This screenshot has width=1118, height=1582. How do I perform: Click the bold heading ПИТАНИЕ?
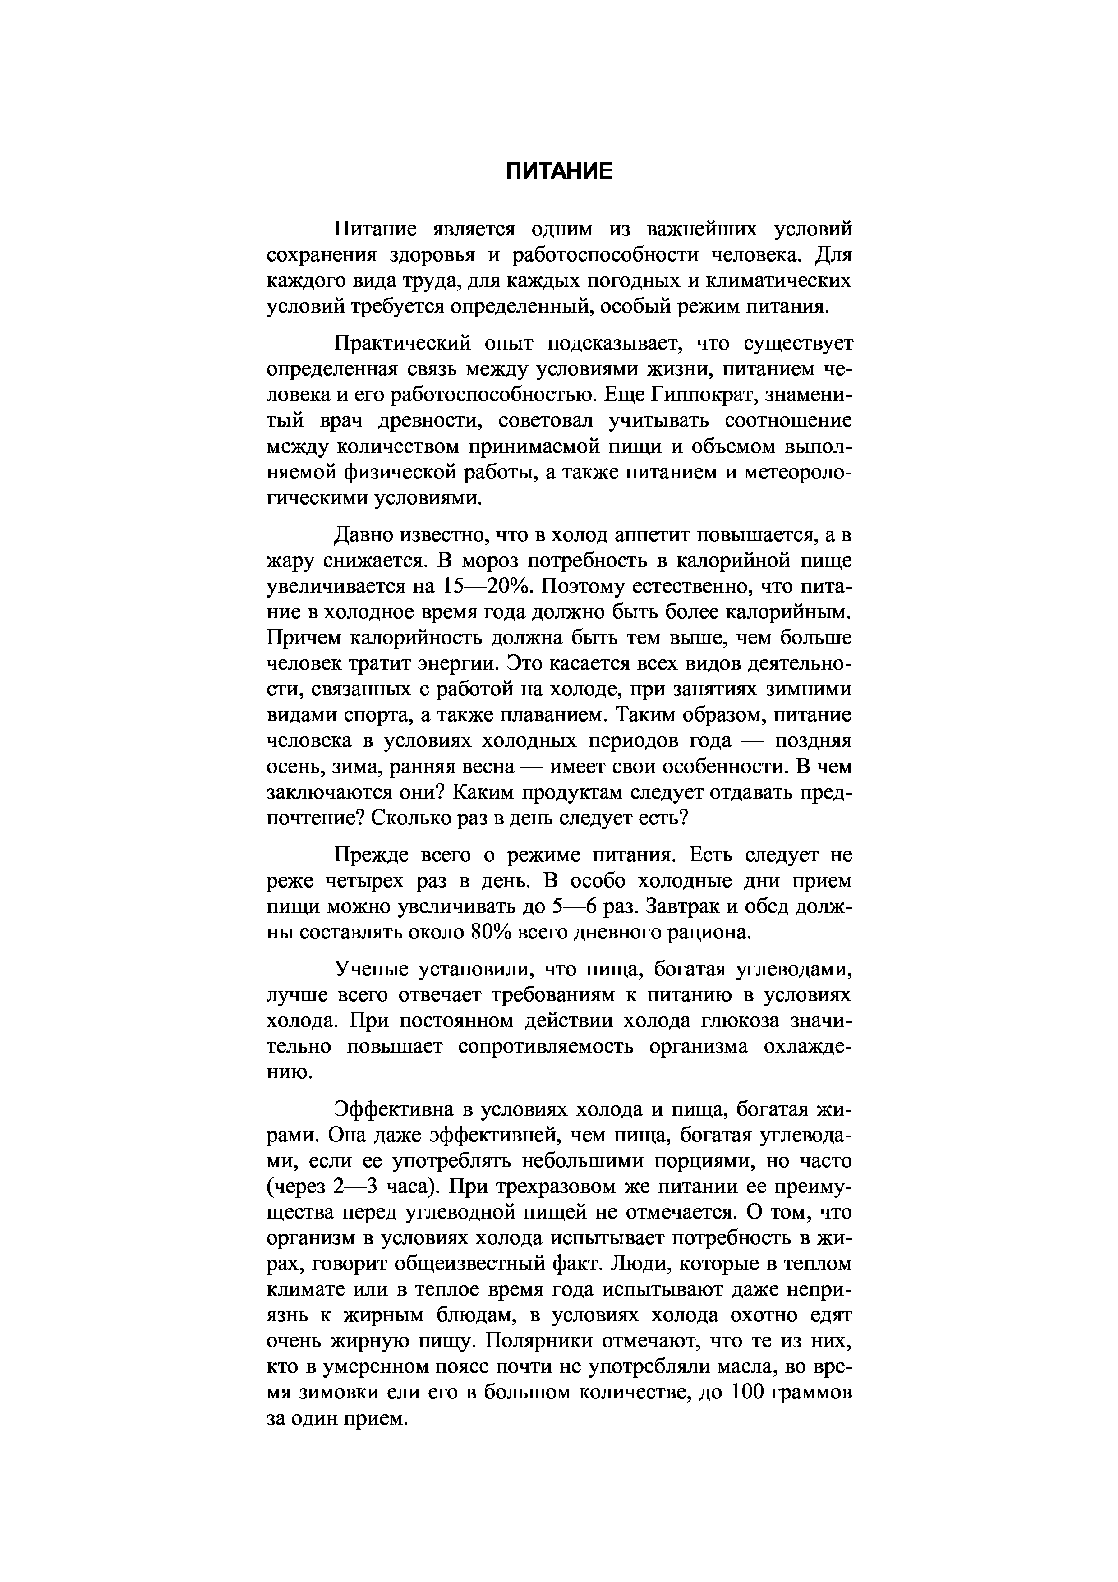pos(559,171)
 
